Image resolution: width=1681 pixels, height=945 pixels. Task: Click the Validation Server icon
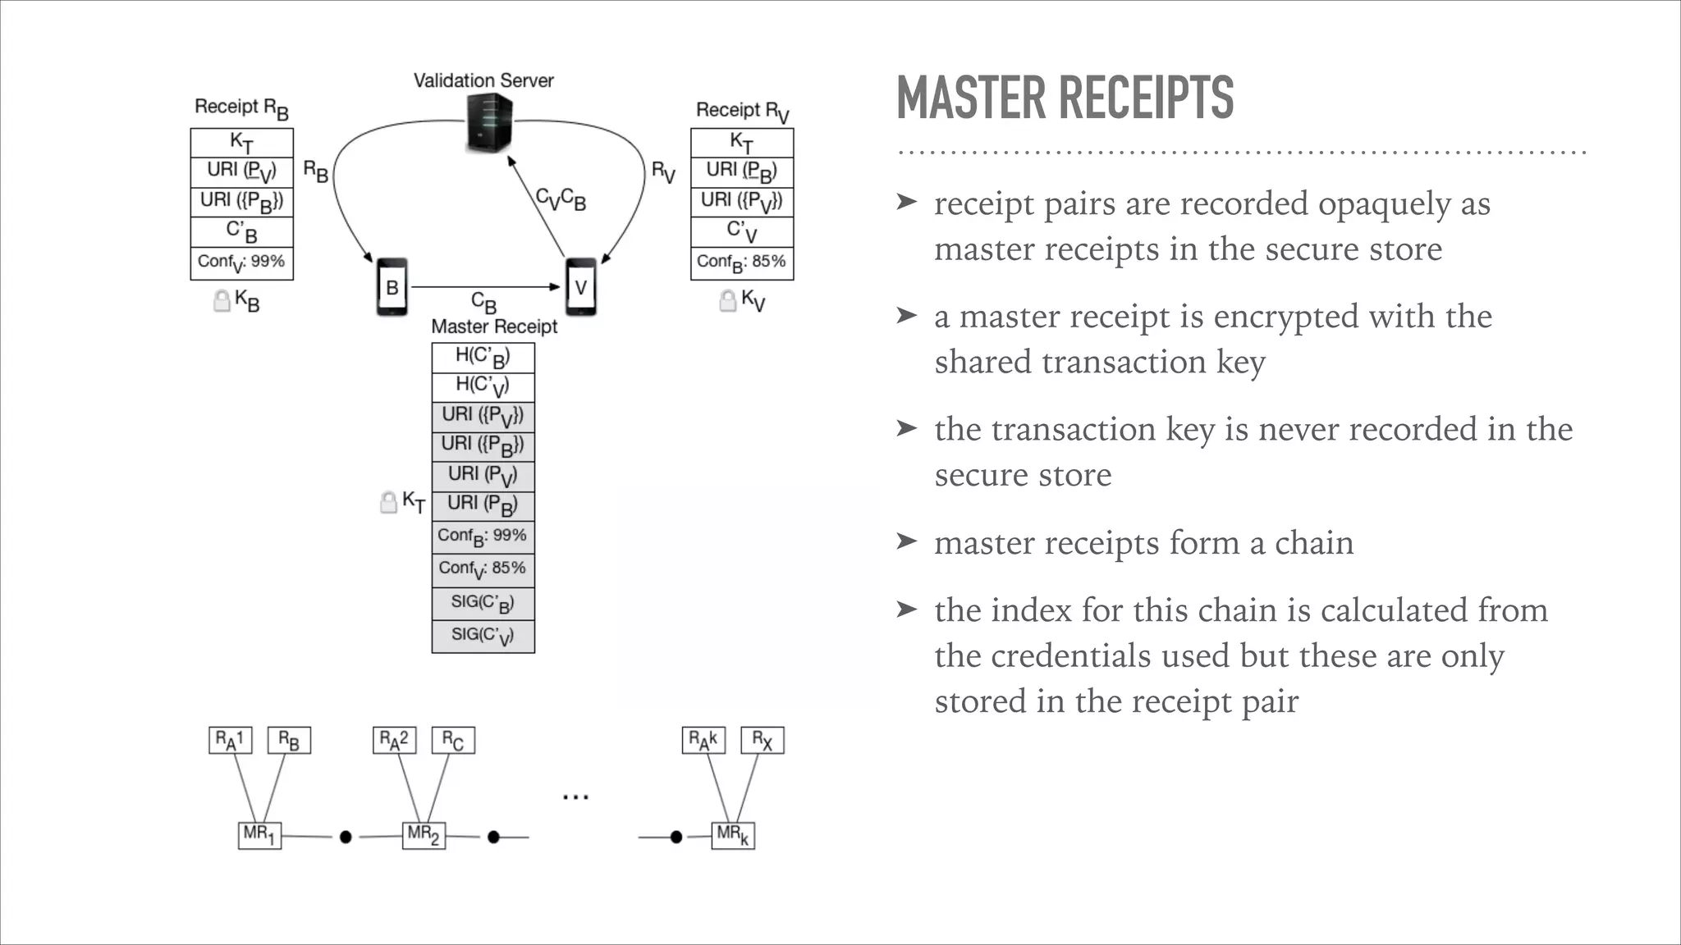pos(489,123)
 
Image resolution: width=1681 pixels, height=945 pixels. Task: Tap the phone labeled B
pos(392,287)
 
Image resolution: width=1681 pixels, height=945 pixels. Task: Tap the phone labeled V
pos(581,287)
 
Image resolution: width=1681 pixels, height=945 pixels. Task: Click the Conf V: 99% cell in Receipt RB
pos(241,263)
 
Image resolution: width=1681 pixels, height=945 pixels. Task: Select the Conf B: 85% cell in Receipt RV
pos(741,263)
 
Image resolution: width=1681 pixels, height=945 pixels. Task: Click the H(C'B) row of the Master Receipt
pos(483,357)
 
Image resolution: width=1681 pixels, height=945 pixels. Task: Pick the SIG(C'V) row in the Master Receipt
pos(483,636)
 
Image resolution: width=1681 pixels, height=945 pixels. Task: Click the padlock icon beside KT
pos(388,502)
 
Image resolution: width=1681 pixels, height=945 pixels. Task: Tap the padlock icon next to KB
pos(221,301)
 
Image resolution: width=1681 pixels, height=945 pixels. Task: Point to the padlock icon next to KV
pos(727,301)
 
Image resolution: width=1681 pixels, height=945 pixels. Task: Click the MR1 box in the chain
pos(259,835)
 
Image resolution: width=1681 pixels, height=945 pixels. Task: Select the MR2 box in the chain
pos(424,835)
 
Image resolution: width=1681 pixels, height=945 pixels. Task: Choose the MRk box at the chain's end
pos(732,835)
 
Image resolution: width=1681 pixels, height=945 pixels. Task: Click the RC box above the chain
pos(453,741)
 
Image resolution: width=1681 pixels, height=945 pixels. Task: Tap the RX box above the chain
pos(762,741)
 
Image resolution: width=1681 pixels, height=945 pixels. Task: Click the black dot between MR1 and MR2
pos(346,837)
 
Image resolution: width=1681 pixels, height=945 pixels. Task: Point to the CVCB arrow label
pos(561,199)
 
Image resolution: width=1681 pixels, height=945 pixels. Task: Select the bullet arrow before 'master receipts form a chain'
pos(906,541)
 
